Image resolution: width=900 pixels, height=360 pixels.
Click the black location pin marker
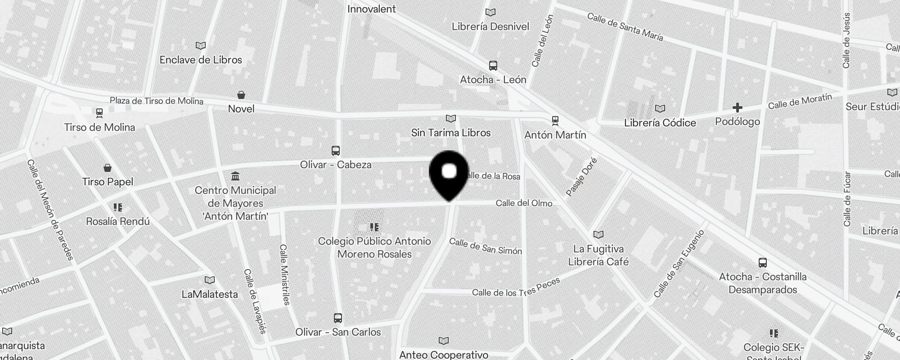449,173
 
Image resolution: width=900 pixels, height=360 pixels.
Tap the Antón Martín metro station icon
555,121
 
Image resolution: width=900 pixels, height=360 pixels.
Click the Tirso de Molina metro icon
99,112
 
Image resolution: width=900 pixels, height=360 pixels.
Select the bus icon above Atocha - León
493,66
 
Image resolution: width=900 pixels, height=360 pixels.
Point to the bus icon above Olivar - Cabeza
336,151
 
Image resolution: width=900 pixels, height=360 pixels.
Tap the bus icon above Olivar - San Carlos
338,318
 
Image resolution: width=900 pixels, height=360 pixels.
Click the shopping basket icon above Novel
241,95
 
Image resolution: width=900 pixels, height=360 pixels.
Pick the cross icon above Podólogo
737,108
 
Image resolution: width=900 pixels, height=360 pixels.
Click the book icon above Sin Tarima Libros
450,118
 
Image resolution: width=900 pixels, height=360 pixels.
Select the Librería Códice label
660,123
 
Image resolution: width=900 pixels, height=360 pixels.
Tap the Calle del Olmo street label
524,203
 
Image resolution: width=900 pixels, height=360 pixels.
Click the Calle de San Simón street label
486,247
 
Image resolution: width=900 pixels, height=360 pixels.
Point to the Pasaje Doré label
581,177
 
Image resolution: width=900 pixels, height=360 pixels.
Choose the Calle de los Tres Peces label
516,288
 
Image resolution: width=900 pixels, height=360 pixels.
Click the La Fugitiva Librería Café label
598,255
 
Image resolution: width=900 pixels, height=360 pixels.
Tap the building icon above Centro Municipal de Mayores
235,176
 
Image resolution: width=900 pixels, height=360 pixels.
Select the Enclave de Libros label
201,60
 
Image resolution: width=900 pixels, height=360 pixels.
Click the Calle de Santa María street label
625,27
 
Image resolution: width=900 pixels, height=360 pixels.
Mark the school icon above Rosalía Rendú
117,207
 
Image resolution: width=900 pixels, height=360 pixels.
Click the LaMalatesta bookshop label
210,294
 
